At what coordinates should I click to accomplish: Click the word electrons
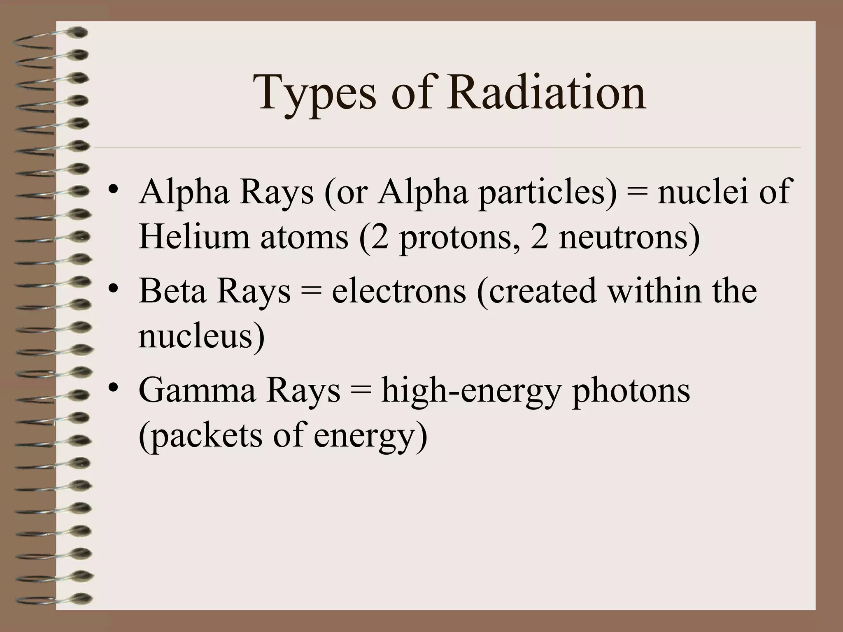click(x=399, y=291)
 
